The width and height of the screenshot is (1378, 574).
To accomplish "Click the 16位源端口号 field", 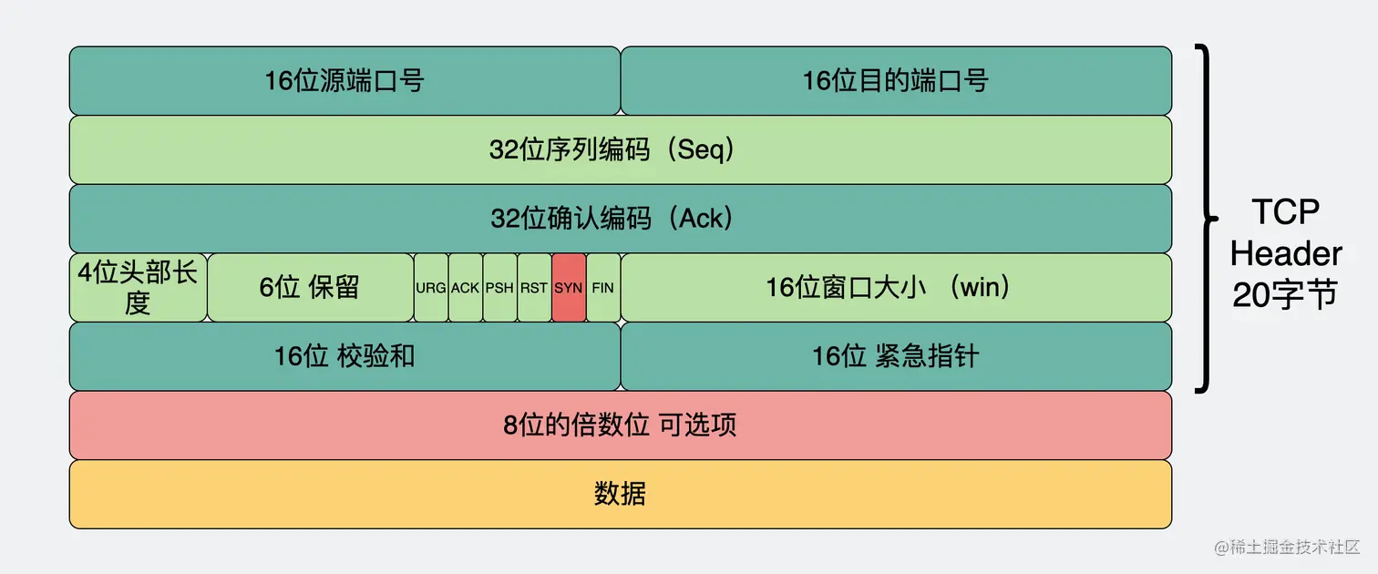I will point(344,80).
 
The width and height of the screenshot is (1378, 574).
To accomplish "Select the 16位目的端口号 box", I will point(896,80).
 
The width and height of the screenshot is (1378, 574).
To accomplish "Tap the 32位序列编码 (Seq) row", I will point(620,149).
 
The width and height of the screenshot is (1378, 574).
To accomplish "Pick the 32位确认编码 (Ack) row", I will point(620,219).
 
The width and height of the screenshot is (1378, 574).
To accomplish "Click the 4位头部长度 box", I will point(138,288).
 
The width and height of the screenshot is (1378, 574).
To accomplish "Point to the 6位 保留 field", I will point(310,288).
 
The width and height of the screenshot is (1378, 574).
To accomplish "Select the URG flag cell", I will point(431,288).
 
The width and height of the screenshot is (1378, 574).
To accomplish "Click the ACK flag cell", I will point(465,288).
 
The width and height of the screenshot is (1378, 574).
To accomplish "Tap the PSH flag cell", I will point(499,288).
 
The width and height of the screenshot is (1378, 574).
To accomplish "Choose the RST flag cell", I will point(534,288).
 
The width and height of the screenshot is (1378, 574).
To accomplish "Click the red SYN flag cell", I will point(569,288).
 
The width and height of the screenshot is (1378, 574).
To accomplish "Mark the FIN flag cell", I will point(603,288).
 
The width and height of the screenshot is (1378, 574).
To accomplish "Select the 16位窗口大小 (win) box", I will point(896,288).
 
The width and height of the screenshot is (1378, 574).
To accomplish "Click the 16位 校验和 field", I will point(344,356).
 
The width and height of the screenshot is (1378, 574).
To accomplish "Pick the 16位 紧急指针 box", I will point(896,356).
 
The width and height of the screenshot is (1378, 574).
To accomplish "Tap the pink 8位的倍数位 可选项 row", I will point(620,425).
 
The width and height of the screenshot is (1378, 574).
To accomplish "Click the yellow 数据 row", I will point(620,495).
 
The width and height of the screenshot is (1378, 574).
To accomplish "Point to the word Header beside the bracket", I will point(1286,253).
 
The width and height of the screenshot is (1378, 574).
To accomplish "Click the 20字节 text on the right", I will point(1286,294).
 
